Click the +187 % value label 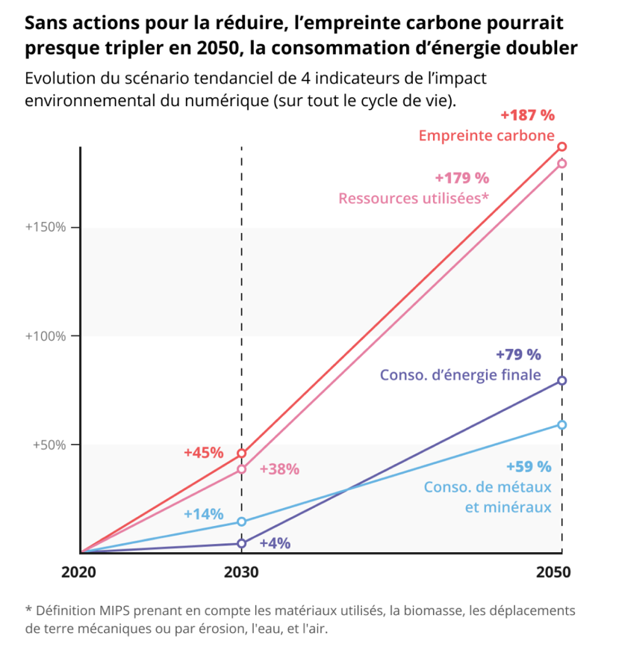coord(527,115)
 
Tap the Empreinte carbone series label coord(486,136)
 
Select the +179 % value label coord(461,178)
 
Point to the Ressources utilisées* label coord(414,198)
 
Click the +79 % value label coord(518,354)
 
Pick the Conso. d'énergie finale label coord(460,375)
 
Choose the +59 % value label coord(529,467)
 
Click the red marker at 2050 coord(562,146)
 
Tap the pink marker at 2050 coord(562,164)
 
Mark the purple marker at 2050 coord(562,381)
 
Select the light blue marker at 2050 coord(562,425)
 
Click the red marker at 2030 coord(241,454)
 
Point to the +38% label coord(279,470)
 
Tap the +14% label coord(204,514)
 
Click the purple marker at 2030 coord(241,543)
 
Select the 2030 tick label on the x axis coord(241,572)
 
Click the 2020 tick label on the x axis coord(81,572)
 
